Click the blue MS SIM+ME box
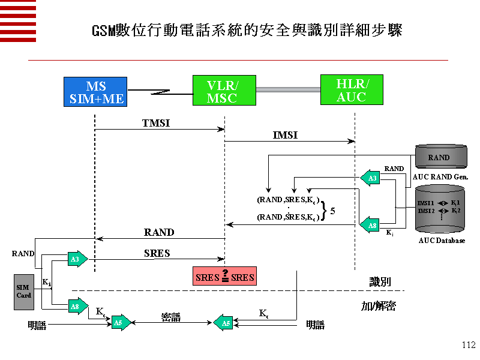click(96, 92)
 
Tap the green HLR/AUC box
click(352, 90)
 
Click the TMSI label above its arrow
click(156, 122)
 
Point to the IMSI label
click(285, 136)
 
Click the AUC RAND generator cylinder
click(440, 158)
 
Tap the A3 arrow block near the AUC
click(371, 178)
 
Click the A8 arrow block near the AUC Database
click(371, 226)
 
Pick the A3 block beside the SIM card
click(77, 259)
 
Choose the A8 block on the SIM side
click(77, 307)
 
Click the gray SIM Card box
click(24, 292)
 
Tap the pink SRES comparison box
click(225, 277)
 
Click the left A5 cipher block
click(120, 323)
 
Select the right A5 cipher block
click(224, 323)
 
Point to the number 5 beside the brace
click(332, 211)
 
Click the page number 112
click(469, 345)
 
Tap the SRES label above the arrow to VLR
click(157, 253)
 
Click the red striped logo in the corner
click(18, 20)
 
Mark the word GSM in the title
click(103, 30)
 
